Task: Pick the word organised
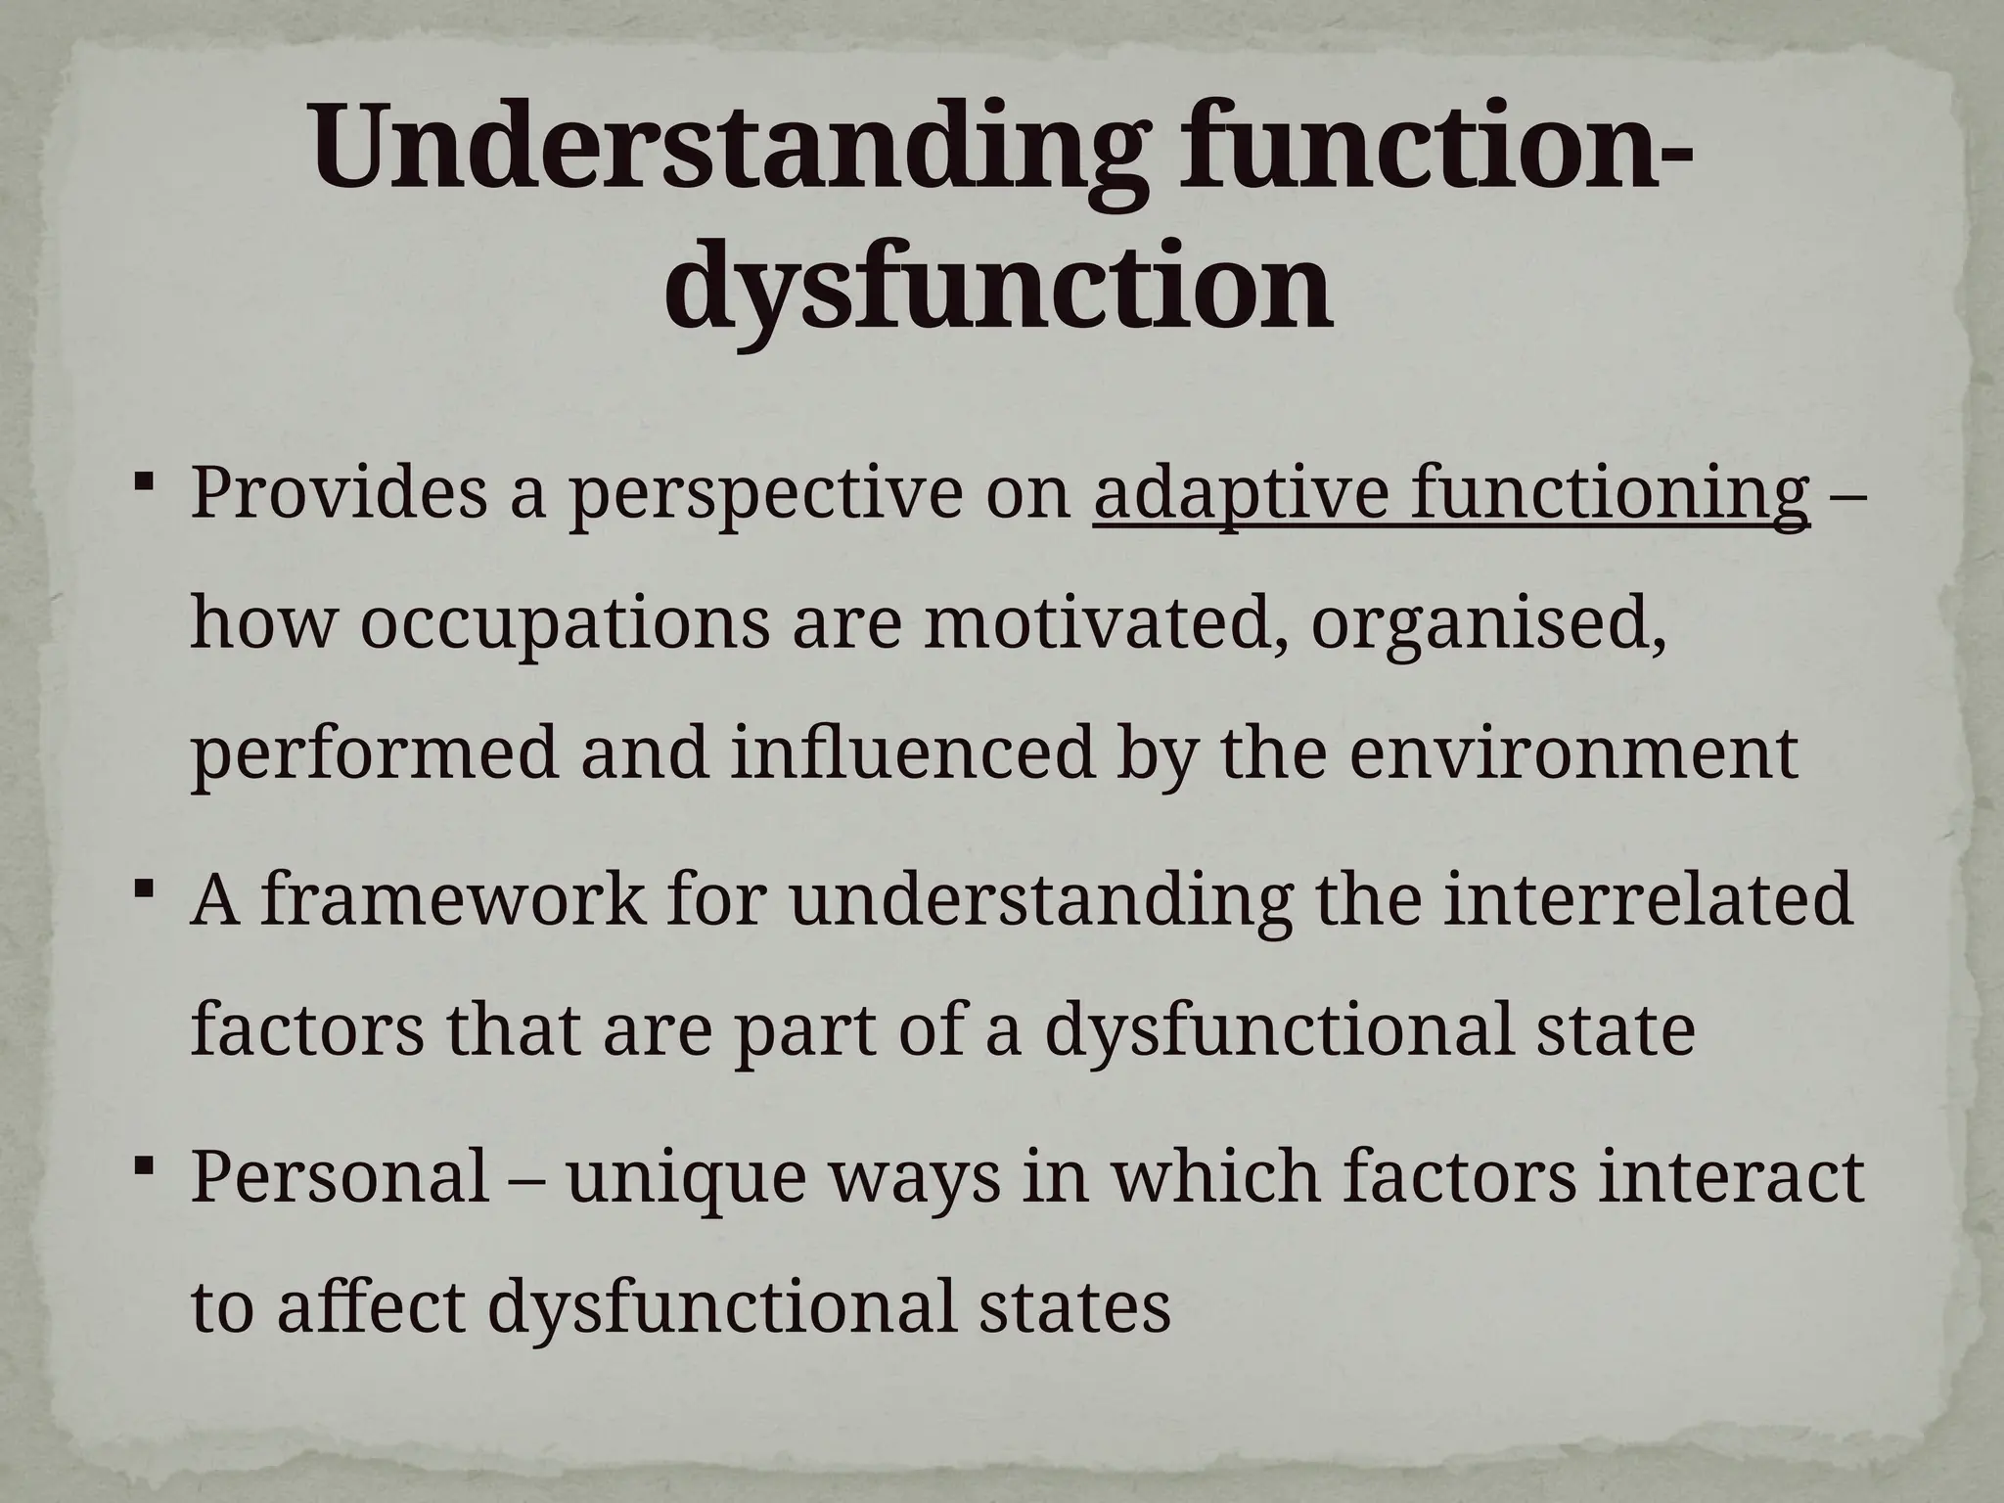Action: [x=1487, y=626]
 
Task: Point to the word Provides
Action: [x=338, y=492]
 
